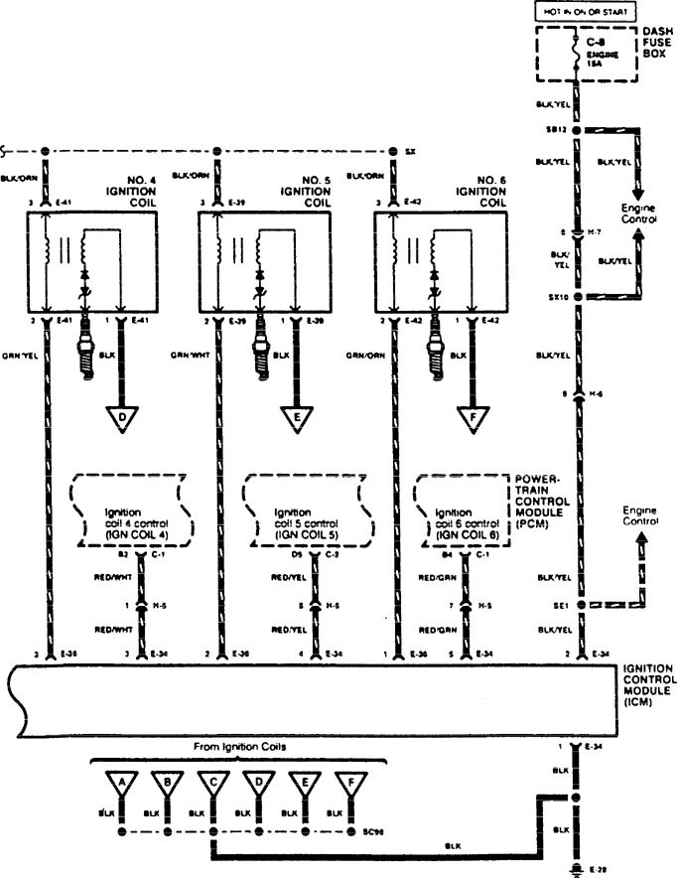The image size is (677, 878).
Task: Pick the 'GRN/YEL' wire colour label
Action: pyautogui.click(x=18, y=355)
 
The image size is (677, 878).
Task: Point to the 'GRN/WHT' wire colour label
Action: pyautogui.click(x=192, y=355)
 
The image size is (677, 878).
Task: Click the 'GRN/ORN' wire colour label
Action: pyautogui.click(x=367, y=355)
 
